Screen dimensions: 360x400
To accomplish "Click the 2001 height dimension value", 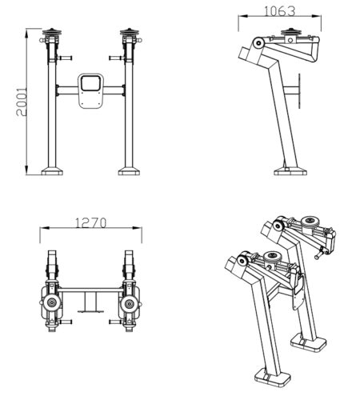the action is [x=22, y=102].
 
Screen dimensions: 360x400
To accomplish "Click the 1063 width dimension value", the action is [x=280, y=11].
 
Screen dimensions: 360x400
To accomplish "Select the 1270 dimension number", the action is [x=90, y=223].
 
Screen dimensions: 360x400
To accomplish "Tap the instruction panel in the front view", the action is [x=91, y=91].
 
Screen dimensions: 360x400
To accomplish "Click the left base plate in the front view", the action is [x=52, y=171].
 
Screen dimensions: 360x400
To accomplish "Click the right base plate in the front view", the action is [x=129, y=171].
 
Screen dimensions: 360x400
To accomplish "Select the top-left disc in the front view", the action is [x=52, y=32].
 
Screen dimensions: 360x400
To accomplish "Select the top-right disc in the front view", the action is [x=130, y=32].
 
